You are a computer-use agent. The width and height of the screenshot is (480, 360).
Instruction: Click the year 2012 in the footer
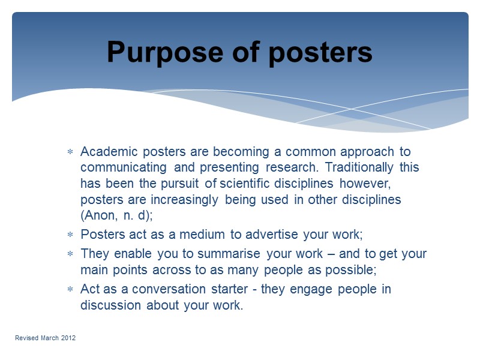(67, 338)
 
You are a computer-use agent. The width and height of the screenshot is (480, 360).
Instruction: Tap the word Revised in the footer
(26, 338)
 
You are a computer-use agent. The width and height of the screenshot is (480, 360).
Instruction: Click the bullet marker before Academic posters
(70, 152)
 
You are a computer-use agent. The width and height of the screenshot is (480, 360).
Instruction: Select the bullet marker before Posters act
(70, 235)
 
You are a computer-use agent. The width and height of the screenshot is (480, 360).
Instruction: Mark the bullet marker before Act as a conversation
(70, 289)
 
